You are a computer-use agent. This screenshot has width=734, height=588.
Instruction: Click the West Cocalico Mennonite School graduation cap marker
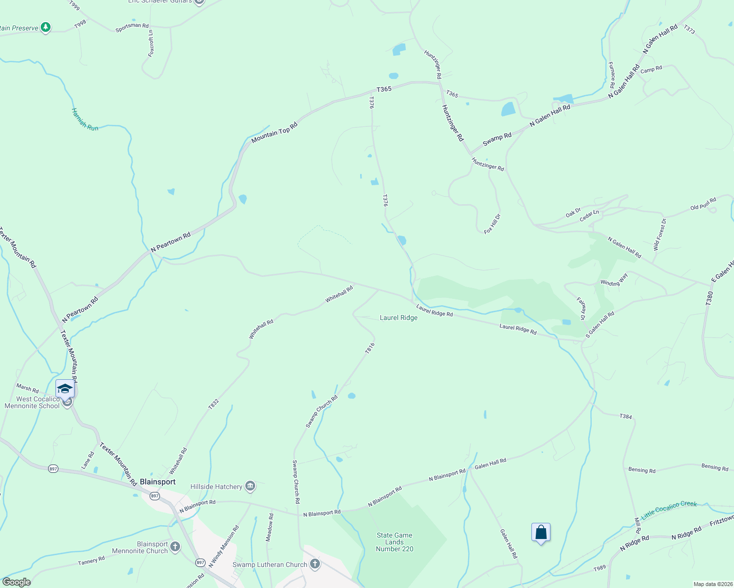pyautogui.click(x=65, y=389)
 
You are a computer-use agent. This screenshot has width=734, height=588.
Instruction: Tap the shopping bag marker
pyautogui.click(x=541, y=532)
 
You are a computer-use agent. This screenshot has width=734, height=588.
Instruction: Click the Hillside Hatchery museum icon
pyautogui.click(x=250, y=486)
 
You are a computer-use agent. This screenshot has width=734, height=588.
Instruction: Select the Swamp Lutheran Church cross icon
pyautogui.click(x=315, y=564)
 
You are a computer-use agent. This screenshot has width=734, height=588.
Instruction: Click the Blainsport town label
pyautogui.click(x=157, y=482)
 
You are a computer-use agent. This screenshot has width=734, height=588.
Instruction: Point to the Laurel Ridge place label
pyautogui.click(x=398, y=318)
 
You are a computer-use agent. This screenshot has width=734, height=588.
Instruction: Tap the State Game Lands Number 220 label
pyautogui.click(x=394, y=542)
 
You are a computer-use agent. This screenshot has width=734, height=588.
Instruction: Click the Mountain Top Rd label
pyautogui.click(x=274, y=132)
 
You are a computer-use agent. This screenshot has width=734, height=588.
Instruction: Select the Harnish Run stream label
pyautogui.click(x=85, y=119)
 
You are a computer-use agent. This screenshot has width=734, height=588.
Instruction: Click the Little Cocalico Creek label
pyautogui.click(x=669, y=508)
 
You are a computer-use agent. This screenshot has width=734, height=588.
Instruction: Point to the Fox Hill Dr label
pyautogui.click(x=492, y=224)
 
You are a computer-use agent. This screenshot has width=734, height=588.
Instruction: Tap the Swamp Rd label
pyautogui.click(x=497, y=139)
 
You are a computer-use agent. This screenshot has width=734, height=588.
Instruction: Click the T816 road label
pyautogui.click(x=370, y=348)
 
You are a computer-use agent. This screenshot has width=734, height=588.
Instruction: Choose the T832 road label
pyautogui.click(x=213, y=404)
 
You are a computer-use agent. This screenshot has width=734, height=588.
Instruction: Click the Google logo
pyautogui.click(x=16, y=582)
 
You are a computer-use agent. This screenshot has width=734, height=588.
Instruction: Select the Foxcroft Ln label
pyautogui.click(x=151, y=44)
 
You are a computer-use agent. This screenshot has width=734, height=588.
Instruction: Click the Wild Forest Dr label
pyautogui.click(x=660, y=235)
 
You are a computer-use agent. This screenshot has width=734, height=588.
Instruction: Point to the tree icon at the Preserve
pyautogui.click(x=46, y=27)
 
